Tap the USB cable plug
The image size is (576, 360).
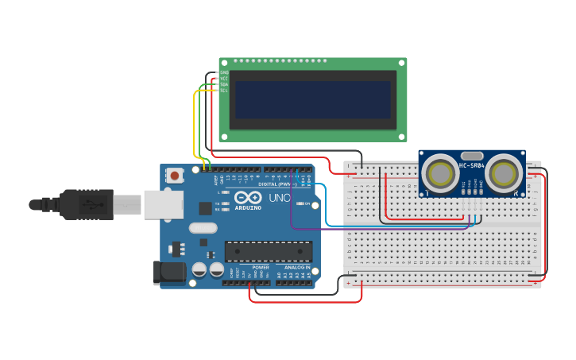click(x=87, y=204)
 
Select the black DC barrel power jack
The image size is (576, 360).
click(x=169, y=273)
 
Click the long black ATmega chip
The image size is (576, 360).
click(x=268, y=251)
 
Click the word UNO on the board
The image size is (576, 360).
click(x=279, y=198)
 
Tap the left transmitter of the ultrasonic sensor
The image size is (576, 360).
click(x=439, y=172)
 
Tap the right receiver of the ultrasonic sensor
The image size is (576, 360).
click(x=504, y=172)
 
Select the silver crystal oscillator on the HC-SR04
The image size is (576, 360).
click(x=472, y=156)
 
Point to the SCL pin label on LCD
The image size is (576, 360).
click(x=224, y=91)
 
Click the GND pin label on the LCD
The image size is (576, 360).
click(x=224, y=72)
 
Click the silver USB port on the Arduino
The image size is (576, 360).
click(x=163, y=204)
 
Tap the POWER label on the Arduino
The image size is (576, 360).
click(x=261, y=268)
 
